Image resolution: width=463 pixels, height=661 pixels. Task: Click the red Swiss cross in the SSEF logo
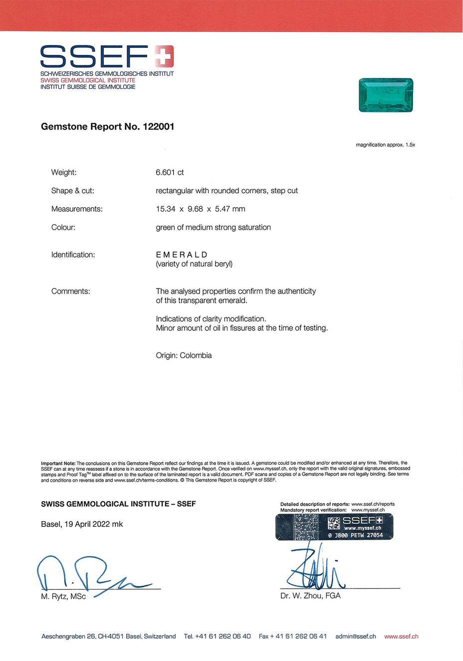(164, 56)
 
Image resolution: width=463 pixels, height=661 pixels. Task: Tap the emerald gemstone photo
(386, 95)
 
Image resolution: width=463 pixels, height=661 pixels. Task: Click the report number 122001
(158, 127)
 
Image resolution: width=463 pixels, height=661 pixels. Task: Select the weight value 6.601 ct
(170, 173)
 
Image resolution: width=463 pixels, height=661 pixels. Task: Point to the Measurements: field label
(77, 209)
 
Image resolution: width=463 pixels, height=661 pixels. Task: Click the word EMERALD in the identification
(182, 255)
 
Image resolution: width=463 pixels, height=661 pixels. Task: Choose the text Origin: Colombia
(184, 355)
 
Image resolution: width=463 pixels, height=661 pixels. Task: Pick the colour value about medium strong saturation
(213, 228)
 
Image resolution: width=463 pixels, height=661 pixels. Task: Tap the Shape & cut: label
(72, 191)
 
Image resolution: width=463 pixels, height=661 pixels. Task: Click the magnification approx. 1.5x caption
(385, 145)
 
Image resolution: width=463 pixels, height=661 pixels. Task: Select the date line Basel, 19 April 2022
(82, 524)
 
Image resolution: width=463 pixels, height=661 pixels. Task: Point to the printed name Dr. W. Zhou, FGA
(310, 596)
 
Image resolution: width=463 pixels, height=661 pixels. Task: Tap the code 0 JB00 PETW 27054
(355, 535)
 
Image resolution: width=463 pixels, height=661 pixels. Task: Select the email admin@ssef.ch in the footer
(356, 637)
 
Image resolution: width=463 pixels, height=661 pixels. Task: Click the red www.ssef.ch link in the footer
(401, 637)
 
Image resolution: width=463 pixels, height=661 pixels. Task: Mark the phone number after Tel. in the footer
(223, 637)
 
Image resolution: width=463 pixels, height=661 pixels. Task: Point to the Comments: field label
(70, 292)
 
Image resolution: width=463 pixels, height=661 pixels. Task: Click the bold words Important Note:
(58, 463)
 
